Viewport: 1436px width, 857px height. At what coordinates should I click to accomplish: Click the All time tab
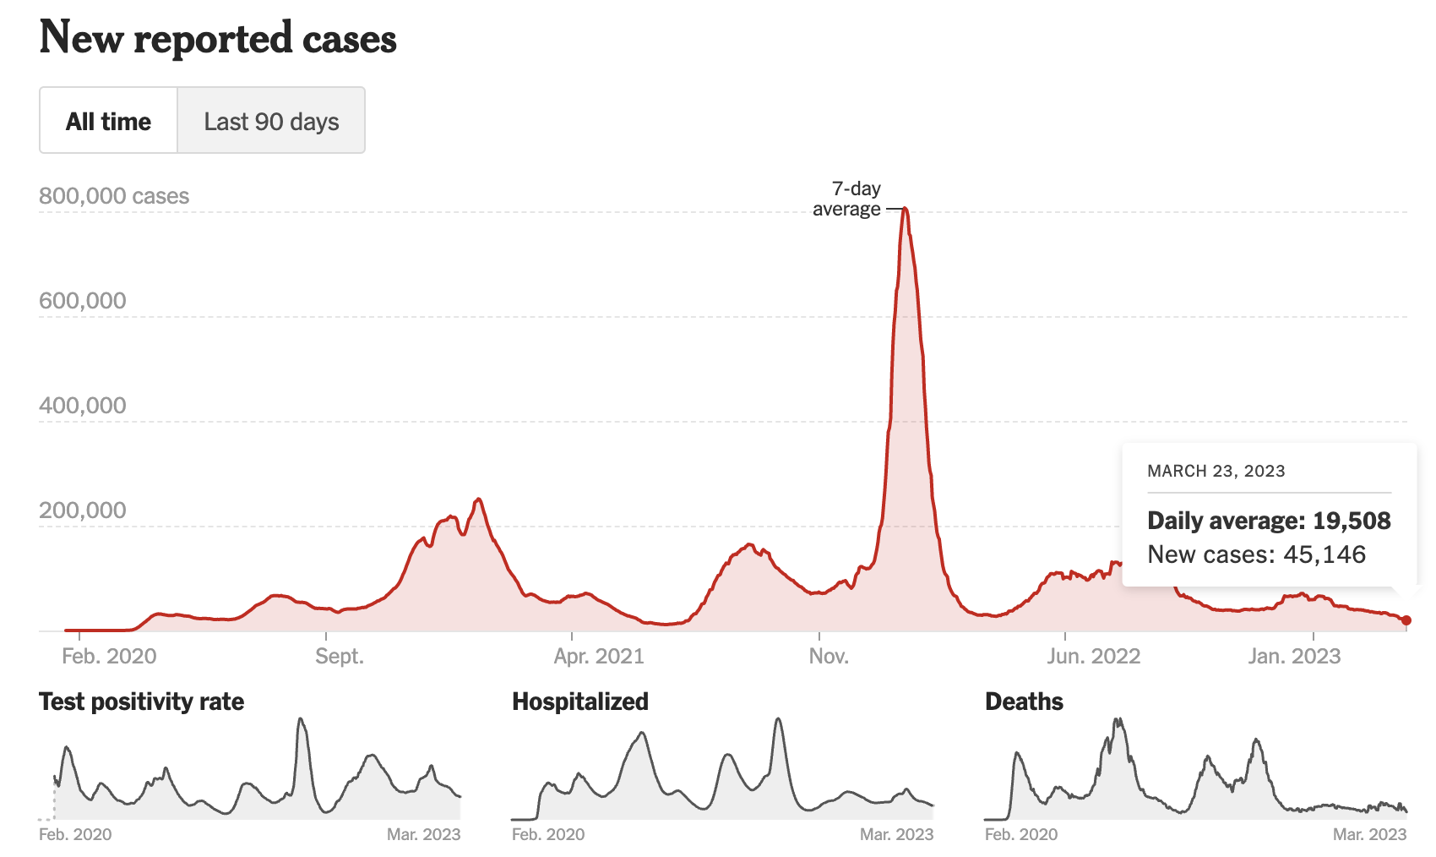108,121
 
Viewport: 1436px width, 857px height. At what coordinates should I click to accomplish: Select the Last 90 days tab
271,121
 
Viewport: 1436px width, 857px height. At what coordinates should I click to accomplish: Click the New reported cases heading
218,38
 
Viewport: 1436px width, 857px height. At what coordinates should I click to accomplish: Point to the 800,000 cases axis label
114,196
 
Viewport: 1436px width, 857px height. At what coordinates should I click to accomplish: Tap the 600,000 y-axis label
83,301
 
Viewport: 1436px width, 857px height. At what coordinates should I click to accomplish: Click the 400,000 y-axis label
83,406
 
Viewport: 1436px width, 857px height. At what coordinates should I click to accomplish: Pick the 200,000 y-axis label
83,510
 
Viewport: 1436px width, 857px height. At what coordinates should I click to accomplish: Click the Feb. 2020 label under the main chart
109,657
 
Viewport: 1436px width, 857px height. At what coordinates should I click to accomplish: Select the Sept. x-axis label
340,657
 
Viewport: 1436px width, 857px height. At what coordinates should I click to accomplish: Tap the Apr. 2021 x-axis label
599,657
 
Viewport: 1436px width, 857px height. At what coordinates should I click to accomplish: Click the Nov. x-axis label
829,657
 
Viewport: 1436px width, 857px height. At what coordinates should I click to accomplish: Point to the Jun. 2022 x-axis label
1094,657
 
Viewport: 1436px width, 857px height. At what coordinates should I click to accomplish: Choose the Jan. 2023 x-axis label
1295,657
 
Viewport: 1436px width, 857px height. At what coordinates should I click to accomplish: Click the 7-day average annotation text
847,199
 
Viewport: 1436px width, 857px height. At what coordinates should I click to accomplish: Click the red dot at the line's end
1406,620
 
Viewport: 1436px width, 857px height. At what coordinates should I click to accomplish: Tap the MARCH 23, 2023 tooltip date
1216,472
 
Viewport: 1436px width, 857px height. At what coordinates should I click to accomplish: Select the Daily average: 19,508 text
1269,521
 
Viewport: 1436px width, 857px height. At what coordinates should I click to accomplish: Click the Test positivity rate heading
142,701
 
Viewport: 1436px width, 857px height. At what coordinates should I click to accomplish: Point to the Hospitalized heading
580,701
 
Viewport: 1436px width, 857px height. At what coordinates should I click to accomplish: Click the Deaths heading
1024,701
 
